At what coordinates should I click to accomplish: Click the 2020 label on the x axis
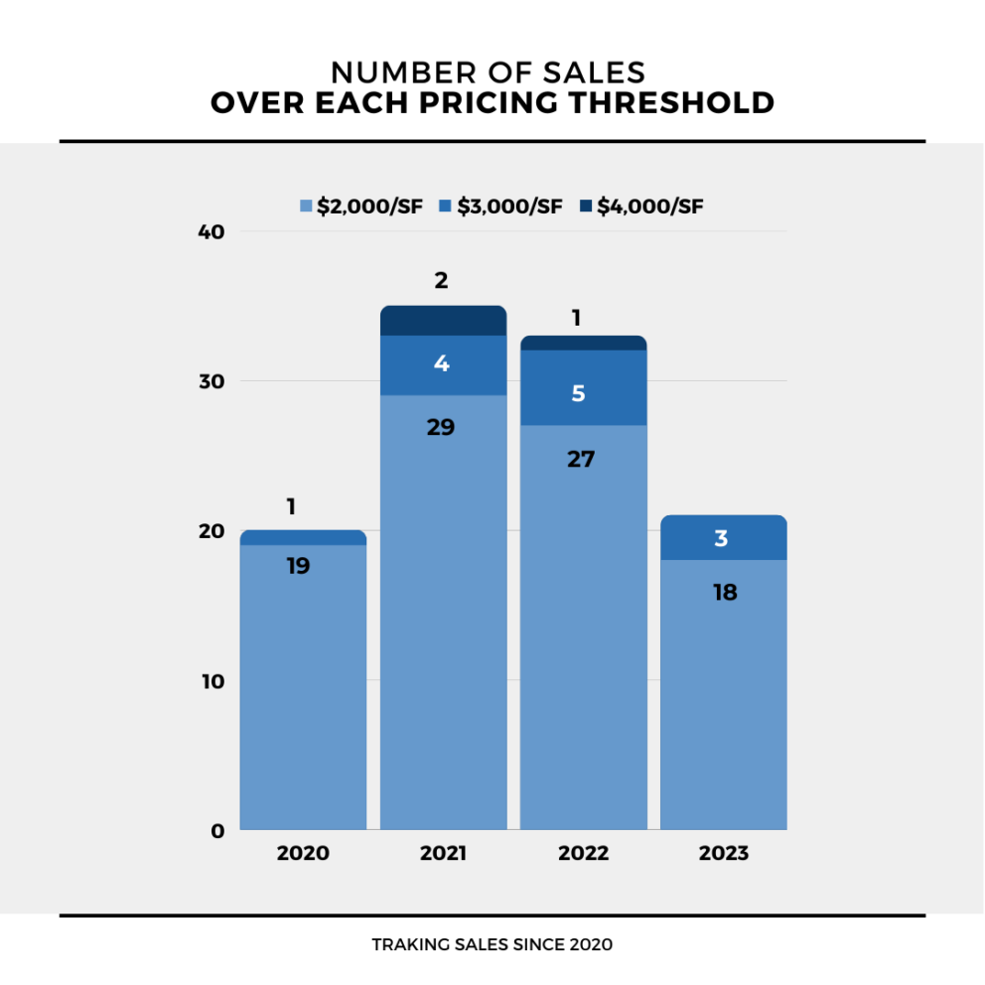click(303, 853)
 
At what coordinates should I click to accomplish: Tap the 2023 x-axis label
click(723, 853)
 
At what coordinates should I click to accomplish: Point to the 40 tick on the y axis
click(214, 232)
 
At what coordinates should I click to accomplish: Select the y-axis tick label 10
click(214, 681)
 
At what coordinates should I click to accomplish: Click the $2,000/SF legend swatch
click(307, 207)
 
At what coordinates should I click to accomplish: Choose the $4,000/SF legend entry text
click(650, 207)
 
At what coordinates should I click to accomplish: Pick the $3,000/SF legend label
click(509, 207)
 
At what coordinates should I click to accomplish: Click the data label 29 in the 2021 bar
click(441, 428)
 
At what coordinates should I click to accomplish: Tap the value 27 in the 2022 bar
click(581, 459)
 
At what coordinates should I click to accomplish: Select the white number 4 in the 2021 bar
click(442, 363)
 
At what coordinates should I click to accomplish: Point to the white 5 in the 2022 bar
click(579, 393)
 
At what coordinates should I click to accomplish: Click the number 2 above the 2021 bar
click(442, 281)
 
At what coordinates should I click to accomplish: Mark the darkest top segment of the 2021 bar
click(444, 321)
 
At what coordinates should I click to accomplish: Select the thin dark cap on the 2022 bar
click(584, 343)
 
